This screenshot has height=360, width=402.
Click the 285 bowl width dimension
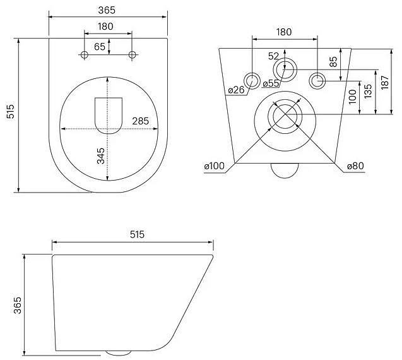pyautogui.click(x=141, y=121)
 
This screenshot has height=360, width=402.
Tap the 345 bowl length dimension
pyautogui.click(x=101, y=156)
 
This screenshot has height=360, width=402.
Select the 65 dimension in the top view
pyautogui.click(x=100, y=47)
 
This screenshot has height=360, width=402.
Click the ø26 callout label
pyautogui.click(x=236, y=90)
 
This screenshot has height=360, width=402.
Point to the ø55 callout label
pyautogui.click(x=271, y=83)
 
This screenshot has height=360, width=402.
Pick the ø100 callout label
pyautogui.click(x=215, y=166)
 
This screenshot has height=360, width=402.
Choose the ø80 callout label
pyautogui.click(x=355, y=166)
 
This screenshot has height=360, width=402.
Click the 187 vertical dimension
pyautogui.click(x=385, y=82)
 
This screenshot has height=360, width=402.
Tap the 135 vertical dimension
pyautogui.click(x=368, y=91)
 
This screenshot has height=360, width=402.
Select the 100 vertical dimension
pyautogui.click(x=353, y=97)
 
